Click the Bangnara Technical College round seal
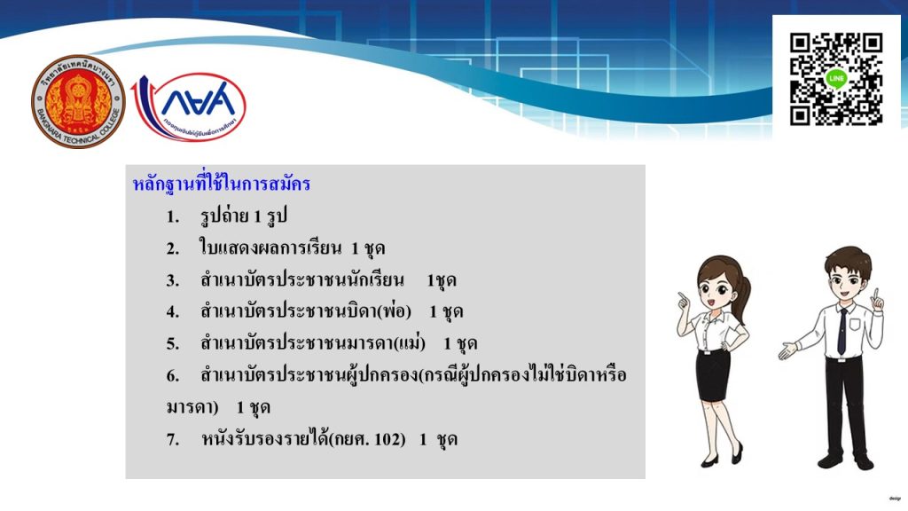click(78, 102)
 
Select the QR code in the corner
click(835, 79)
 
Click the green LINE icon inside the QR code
click(836, 78)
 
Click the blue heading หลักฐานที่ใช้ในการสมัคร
click(221, 184)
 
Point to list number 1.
click(173, 216)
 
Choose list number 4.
click(173, 311)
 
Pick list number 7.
click(173, 439)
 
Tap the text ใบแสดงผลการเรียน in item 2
click(270, 248)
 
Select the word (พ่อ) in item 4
click(394, 311)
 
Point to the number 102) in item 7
click(390, 439)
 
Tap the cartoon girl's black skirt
click(713, 374)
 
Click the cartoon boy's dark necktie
click(842, 331)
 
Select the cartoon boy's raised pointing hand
click(877, 301)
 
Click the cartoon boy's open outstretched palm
click(788, 350)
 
